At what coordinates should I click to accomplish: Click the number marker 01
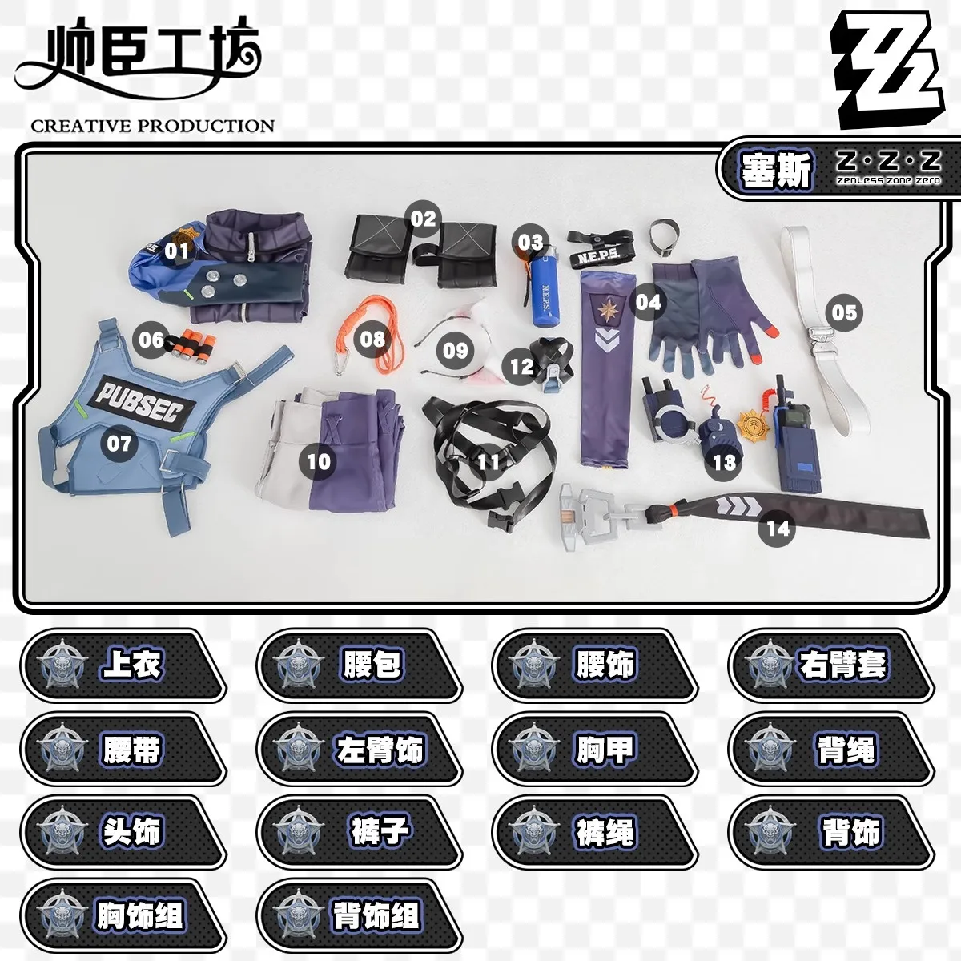pos(176,251)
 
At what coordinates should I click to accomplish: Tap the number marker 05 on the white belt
pos(844,312)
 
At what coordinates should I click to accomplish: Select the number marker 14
pos(777,529)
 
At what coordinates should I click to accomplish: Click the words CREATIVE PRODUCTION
pos(152,126)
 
